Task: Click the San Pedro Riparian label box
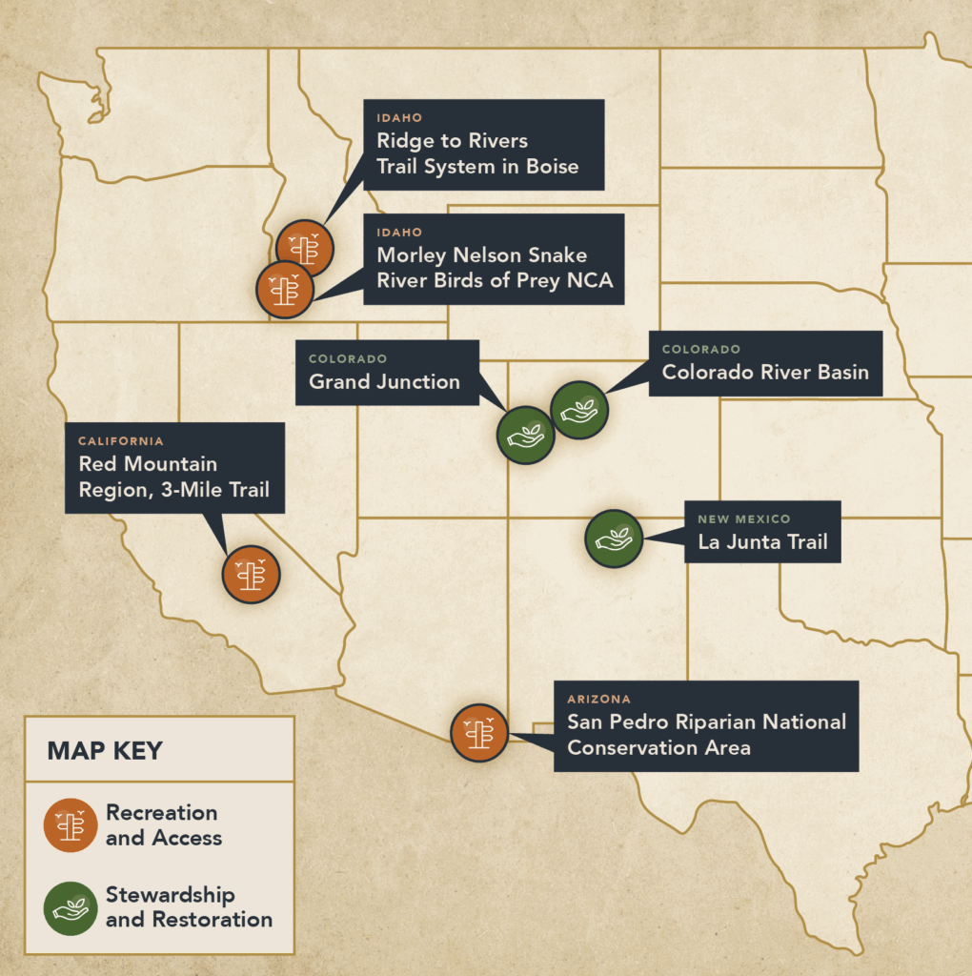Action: pos(706,725)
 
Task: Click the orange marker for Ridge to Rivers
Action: pos(304,248)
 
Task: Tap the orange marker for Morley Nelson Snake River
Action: pos(285,289)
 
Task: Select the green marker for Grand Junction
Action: pos(526,436)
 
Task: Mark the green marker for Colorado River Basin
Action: pos(579,410)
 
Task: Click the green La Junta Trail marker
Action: pos(614,539)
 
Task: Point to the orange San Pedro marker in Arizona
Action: pos(478,733)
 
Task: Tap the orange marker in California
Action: pos(251,574)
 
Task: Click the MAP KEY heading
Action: pos(105,750)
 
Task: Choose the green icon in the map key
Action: pos(71,907)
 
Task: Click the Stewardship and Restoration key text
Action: pos(189,907)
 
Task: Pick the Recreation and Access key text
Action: pos(163,825)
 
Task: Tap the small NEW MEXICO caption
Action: pos(743,519)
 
